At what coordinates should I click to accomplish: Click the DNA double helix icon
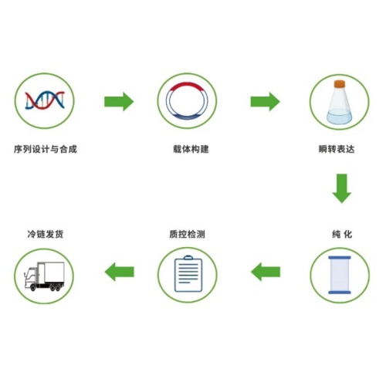click(x=45, y=100)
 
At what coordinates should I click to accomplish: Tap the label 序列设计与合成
click(x=46, y=149)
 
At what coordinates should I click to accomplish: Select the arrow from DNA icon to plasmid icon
click(x=119, y=102)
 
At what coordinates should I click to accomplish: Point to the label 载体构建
click(x=191, y=149)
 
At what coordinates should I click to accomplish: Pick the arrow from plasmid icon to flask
click(x=265, y=102)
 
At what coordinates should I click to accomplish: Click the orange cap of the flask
click(x=340, y=84)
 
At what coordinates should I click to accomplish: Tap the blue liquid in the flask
click(x=339, y=117)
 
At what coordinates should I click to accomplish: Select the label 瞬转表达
click(x=337, y=149)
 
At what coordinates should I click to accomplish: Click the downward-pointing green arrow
click(x=342, y=188)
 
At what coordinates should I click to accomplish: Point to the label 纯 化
click(x=342, y=235)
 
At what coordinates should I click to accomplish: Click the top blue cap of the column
click(x=340, y=258)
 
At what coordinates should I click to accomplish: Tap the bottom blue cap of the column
click(x=340, y=292)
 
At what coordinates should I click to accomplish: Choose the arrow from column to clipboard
click(x=266, y=272)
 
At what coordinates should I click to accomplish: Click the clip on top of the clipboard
click(x=188, y=258)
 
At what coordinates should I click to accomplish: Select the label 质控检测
click(x=187, y=235)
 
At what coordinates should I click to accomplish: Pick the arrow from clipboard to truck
click(x=120, y=272)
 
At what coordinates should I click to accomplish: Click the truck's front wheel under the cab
click(x=33, y=287)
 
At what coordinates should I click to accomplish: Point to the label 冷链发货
click(x=46, y=235)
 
